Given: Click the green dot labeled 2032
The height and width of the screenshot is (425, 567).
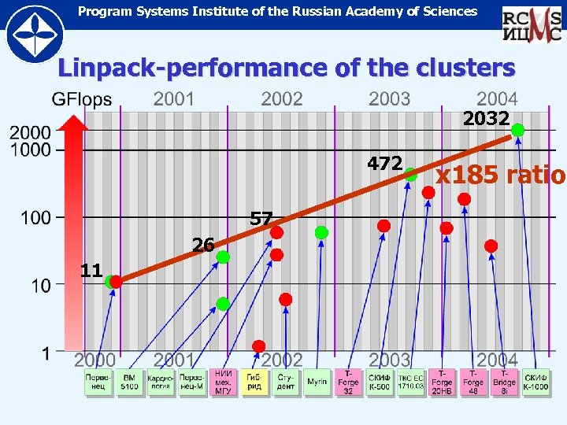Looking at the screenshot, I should (517, 130).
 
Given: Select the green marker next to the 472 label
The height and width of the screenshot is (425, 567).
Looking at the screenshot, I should (410, 175).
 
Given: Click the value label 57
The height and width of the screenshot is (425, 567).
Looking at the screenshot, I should (261, 217).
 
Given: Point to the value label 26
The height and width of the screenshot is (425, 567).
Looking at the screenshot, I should (203, 245).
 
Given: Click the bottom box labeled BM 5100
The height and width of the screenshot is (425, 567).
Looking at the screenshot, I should (129, 382).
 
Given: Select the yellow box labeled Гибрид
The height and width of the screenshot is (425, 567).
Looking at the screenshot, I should (254, 382).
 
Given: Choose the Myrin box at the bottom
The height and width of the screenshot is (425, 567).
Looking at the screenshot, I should (317, 382).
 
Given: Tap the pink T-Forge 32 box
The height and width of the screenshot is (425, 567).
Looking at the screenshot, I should (348, 382).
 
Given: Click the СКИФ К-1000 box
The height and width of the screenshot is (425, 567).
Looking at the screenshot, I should (536, 382).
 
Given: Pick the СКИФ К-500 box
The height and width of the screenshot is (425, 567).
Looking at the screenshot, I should (379, 382).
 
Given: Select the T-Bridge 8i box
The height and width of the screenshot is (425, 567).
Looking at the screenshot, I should (505, 382).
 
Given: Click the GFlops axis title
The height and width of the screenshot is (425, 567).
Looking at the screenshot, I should (81, 100).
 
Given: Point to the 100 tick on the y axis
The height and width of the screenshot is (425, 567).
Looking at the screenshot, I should (36, 217).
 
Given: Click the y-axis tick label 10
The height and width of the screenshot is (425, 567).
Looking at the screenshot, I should (41, 285).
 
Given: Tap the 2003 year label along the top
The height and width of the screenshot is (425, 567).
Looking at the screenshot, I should (389, 99).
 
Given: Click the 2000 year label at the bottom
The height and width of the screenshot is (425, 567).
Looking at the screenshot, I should (95, 360).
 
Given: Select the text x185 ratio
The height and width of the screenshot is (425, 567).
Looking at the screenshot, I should (500, 175).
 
